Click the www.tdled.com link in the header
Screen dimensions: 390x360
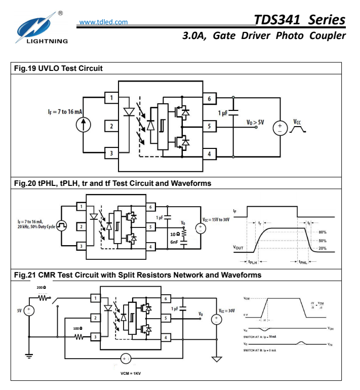tap(104, 22)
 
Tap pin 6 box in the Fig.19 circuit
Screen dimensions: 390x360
tap(209, 98)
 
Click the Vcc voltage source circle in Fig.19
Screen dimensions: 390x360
tap(279, 128)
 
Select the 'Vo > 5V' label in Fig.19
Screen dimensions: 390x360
tap(255, 122)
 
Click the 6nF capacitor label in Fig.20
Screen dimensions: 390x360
tap(175, 243)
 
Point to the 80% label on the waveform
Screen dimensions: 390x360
tap(322, 232)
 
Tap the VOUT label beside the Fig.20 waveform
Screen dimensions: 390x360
tap(242, 248)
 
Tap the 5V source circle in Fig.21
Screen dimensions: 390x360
tap(29, 310)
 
